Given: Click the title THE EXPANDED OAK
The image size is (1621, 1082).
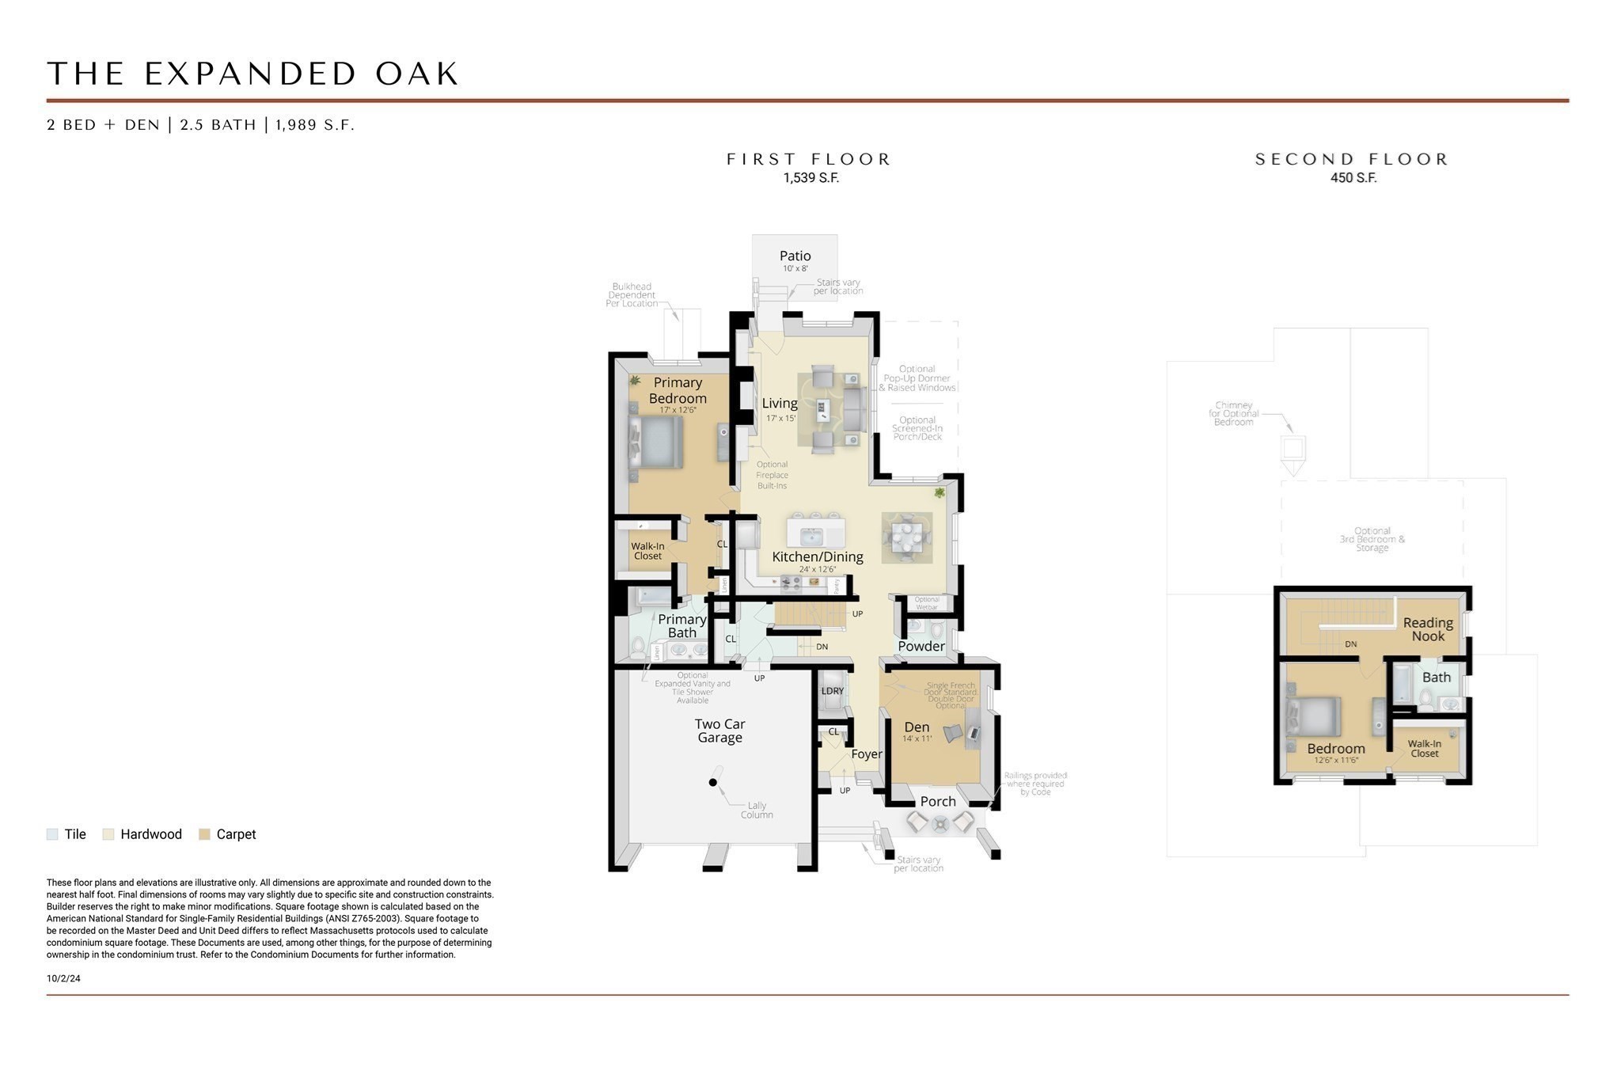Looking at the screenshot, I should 253,74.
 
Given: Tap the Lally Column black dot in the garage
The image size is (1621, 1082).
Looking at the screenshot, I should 712,782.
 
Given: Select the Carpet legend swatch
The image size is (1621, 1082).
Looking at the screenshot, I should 204,834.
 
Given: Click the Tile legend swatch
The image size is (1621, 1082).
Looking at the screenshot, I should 52,834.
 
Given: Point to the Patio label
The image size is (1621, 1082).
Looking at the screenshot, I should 795,256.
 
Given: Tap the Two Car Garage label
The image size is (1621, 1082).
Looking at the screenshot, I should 719,731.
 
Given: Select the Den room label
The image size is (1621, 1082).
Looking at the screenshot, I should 917,727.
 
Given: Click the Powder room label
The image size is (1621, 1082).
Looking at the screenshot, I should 921,646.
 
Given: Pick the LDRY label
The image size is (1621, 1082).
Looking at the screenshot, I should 832,691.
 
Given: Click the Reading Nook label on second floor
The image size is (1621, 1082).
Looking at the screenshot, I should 1428,629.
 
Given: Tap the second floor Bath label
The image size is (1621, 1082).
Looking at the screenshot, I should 1436,678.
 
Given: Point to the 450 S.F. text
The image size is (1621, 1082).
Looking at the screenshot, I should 1353,178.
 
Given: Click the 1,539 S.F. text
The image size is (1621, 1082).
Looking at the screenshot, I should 810,178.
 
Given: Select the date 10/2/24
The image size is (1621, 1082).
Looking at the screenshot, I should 63,978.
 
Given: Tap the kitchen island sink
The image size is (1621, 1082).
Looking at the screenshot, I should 811,537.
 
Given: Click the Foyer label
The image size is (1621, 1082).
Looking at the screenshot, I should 866,754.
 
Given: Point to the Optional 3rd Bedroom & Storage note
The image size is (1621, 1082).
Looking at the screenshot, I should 1372,539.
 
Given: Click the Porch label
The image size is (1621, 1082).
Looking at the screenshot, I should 938,801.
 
